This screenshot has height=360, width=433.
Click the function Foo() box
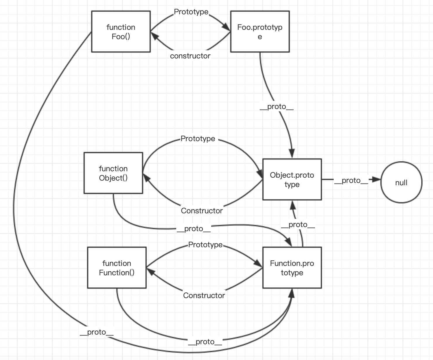tap(121, 32)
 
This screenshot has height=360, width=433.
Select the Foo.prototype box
tap(260, 32)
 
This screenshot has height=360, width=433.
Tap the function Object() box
tap(113, 173)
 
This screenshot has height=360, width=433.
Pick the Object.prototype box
tap(292, 179)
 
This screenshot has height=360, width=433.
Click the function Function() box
tap(117, 268)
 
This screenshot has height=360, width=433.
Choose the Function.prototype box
tap(292, 268)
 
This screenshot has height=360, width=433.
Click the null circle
tap(401, 182)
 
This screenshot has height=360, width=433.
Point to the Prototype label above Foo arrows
tap(191, 12)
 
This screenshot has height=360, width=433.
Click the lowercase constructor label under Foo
tap(190, 56)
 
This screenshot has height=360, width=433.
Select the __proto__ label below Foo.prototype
tap(276, 107)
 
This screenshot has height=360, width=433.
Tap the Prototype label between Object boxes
tap(198, 139)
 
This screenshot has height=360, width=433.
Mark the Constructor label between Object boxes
tap(202, 211)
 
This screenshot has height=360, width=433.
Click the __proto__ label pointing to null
tap(351, 181)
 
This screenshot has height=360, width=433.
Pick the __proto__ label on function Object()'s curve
tap(193, 229)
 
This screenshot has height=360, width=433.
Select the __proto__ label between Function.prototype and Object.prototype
tap(298, 225)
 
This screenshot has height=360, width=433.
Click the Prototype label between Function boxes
tap(205, 245)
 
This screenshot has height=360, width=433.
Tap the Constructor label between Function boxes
tap(204, 295)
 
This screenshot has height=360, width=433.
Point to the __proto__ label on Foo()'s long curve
tap(96, 332)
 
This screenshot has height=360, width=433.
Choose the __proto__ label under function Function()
tap(205, 342)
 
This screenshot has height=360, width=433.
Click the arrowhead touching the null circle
tap(377, 180)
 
